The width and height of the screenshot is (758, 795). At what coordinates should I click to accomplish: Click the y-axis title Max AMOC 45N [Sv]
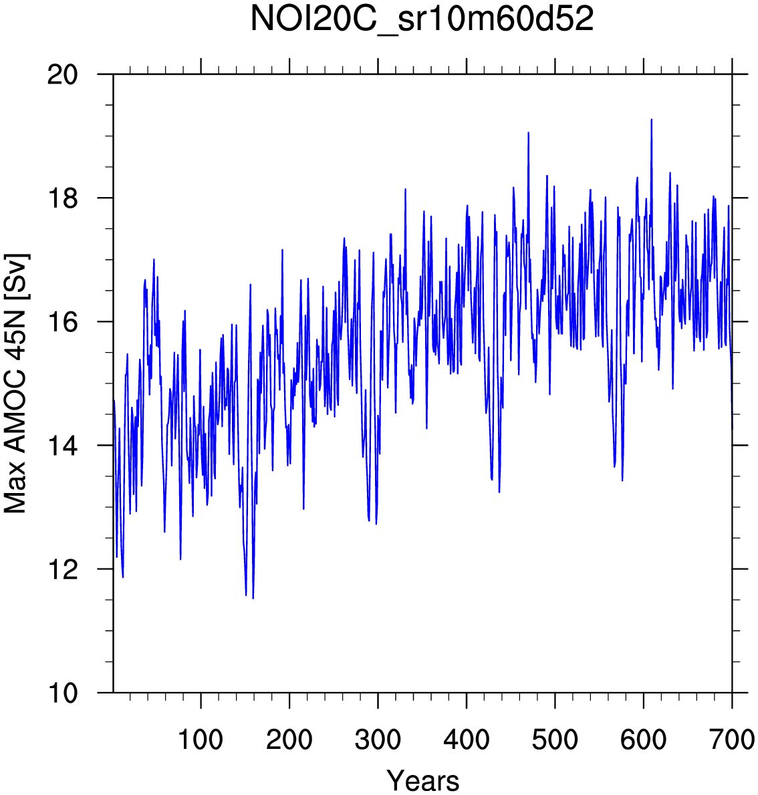(15, 383)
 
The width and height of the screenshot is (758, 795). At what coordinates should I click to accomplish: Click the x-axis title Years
(423, 780)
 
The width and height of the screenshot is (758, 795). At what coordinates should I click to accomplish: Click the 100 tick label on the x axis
(201, 740)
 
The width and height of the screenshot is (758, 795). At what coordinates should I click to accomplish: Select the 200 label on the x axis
(289, 740)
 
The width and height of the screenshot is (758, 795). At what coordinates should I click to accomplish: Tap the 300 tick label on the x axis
(378, 740)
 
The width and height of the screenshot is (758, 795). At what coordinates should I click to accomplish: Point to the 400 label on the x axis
(467, 740)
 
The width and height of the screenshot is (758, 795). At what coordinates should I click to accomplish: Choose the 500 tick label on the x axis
(555, 740)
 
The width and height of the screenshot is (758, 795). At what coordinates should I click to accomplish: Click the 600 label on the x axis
(643, 740)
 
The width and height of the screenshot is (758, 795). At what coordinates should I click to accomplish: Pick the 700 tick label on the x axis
(732, 740)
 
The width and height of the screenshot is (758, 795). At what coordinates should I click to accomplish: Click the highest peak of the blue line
(651, 120)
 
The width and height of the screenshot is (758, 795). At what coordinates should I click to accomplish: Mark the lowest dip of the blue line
(253, 598)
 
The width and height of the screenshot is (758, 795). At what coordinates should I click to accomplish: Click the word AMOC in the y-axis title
(15, 413)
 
